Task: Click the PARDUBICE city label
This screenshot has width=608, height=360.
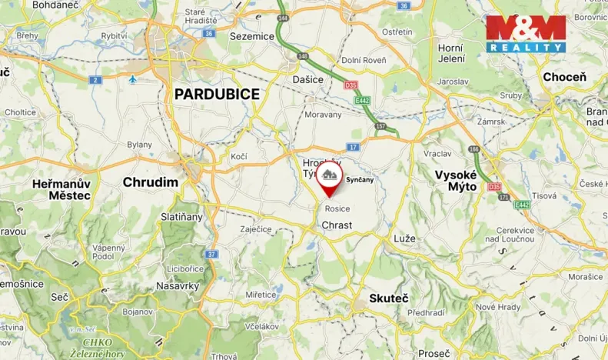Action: (217, 94)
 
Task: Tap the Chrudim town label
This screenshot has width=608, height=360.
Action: (151, 182)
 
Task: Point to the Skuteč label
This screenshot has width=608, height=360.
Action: (388, 298)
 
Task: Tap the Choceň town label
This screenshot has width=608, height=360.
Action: (564, 77)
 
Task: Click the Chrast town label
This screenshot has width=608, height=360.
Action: (337, 225)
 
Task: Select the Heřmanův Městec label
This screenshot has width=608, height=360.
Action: (61, 189)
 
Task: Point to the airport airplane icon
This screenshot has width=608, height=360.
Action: (133, 79)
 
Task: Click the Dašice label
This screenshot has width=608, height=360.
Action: (307, 78)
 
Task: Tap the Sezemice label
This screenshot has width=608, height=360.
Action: (251, 35)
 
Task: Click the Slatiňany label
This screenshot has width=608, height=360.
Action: (182, 217)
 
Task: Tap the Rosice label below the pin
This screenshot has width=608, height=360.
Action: (337, 208)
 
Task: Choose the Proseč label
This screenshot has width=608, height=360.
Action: (435, 353)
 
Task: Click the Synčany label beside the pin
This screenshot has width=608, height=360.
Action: (360, 180)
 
